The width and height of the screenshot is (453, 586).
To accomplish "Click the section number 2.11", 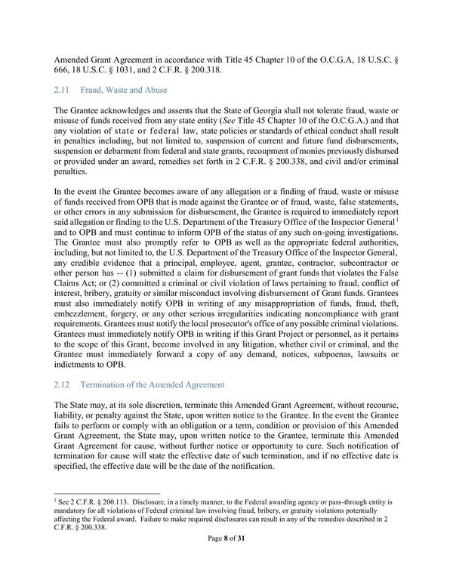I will pyautogui.click(x=63, y=90).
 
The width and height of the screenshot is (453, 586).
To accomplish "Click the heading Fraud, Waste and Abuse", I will pyautogui.click(x=128, y=90).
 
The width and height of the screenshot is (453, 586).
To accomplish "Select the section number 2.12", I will pyautogui.click(x=63, y=385).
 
